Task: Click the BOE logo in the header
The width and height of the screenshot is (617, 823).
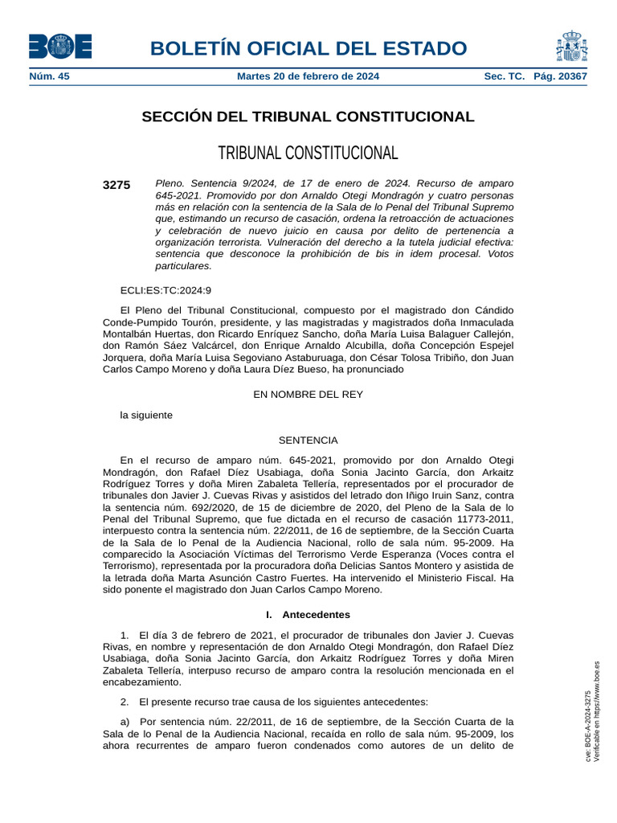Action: click(x=60, y=47)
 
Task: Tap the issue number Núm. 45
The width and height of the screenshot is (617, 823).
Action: click(x=50, y=76)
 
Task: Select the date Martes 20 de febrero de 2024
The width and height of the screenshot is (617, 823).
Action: click(x=308, y=76)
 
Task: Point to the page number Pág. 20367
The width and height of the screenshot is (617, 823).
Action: click(x=560, y=76)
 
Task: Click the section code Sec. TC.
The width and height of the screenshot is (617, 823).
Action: click(x=504, y=76)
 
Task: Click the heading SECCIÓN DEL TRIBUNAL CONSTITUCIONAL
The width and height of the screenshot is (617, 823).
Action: click(x=308, y=117)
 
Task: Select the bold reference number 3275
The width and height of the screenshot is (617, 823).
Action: click(x=116, y=185)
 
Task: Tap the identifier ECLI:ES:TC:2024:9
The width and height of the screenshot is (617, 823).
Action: click(x=165, y=290)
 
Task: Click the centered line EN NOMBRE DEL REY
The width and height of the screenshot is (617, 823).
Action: click(x=308, y=394)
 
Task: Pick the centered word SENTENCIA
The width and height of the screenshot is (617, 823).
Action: click(x=308, y=440)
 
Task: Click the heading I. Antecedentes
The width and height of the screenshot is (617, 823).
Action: click(x=308, y=614)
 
